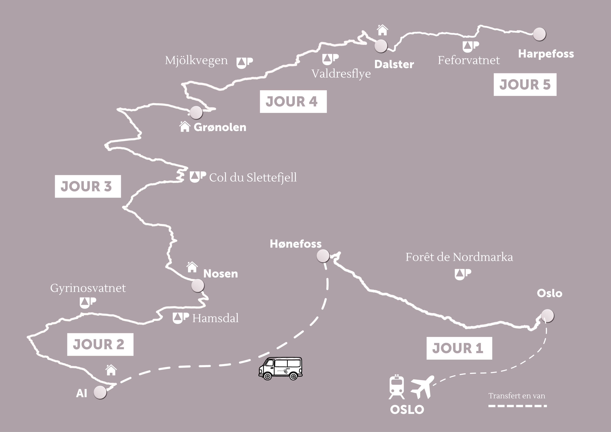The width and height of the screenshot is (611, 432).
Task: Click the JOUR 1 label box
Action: click(x=459, y=348)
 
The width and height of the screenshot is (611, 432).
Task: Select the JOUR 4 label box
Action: click(x=293, y=102)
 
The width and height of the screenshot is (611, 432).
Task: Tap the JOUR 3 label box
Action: click(x=88, y=186)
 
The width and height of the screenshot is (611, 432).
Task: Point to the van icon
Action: click(x=280, y=368)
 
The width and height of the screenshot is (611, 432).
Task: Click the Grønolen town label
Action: click(x=220, y=127)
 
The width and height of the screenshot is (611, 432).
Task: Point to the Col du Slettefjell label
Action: click(x=253, y=177)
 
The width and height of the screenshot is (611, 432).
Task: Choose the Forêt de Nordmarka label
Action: click(x=459, y=257)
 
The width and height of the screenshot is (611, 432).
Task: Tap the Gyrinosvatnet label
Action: click(x=88, y=288)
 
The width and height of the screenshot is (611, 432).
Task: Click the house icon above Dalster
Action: click(x=382, y=30)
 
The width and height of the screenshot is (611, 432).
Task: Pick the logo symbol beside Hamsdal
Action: click(x=181, y=318)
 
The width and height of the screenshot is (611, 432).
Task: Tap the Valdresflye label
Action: click(x=341, y=74)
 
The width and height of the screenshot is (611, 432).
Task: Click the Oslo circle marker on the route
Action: click(x=547, y=316)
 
